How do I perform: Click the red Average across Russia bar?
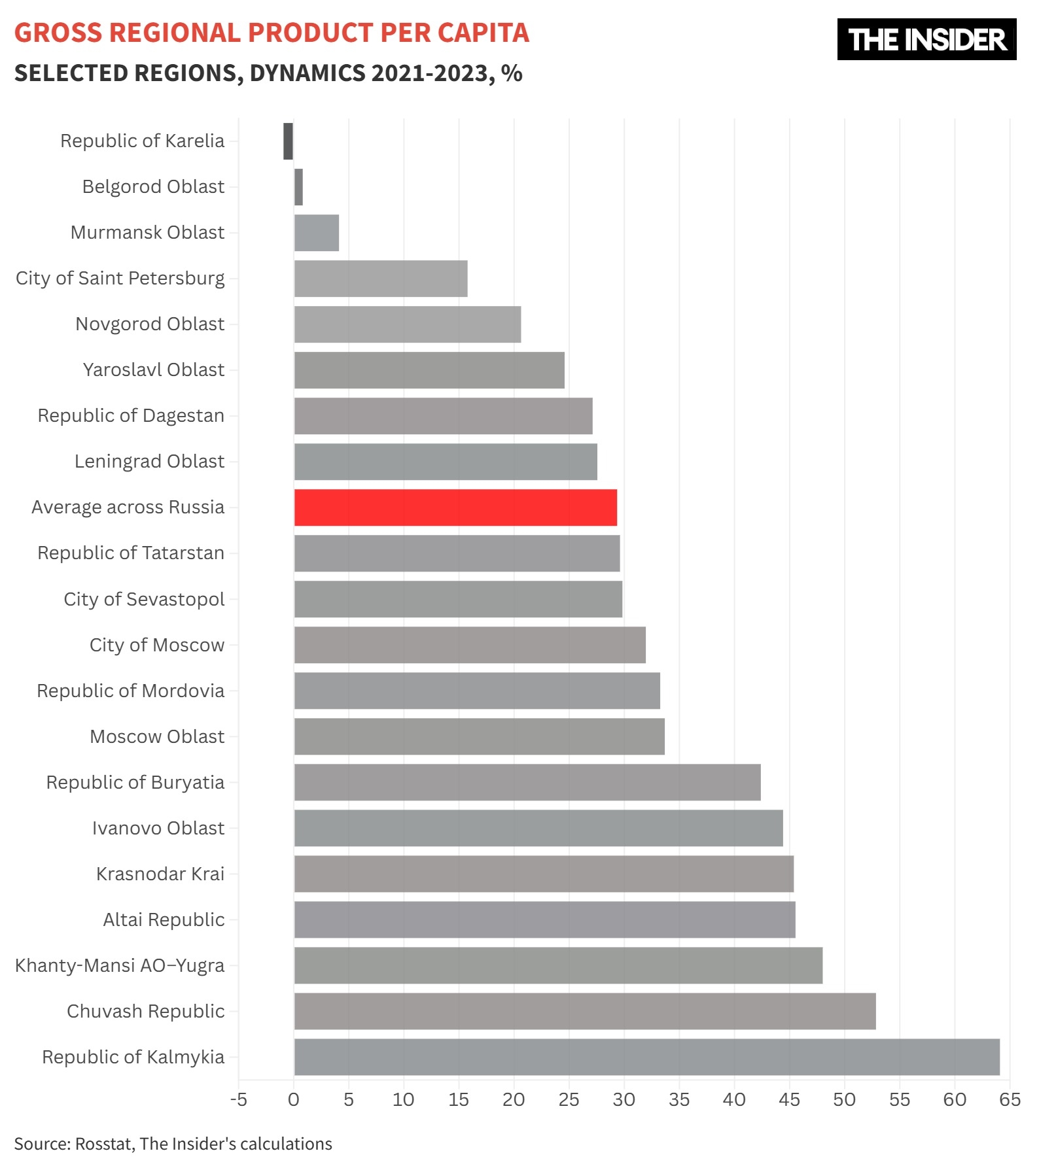(x=455, y=507)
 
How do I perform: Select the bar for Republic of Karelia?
(x=288, y=141)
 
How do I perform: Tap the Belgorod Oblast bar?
(x=298, y=187)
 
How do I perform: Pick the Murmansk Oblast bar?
(x=317, y=233)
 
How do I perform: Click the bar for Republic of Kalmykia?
(x=646, y=1057)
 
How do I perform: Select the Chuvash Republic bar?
(x=585, y=1011)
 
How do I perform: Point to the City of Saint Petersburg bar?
(x=381, y=279)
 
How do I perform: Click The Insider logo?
(x=926, y=40)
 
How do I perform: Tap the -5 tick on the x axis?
(x=239, y=1100)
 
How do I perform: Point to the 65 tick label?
(x=1010, y=1100)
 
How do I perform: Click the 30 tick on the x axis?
(x=624, y=1100)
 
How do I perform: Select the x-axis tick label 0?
(x=294, y=1100)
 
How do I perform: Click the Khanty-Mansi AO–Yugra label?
(x=120, y=966)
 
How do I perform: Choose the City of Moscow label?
(x=157, y=645)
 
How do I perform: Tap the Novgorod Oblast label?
(x=150, y=324)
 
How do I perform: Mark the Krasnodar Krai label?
(x=160, y=874)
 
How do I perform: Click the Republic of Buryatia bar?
(x=527, y=782)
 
